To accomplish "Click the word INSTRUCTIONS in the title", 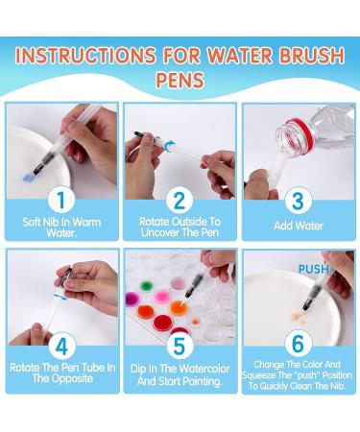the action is [x=85, y=55].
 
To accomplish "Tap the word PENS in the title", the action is [x=180, y=80].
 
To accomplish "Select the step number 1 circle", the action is [x=61, y=200].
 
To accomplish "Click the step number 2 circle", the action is [x=180, y=200].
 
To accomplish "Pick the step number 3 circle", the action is [x=298, y=201].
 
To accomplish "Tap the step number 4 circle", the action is [x=61, y=346].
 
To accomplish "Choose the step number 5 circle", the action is [x=180, y=346].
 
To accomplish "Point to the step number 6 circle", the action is [x=299, y=344].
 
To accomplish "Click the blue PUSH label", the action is [x=314, y=270].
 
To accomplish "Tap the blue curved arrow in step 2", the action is [x=169, y=145].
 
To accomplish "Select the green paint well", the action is [x=146, y=285].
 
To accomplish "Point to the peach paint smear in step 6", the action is [x=298, y=317].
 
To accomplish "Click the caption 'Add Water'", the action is [x=299, y=226].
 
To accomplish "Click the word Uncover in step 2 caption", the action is [x=159, y=232].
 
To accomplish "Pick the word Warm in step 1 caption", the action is [x=85, y=222].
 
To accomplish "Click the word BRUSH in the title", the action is [x=312, y=55].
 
